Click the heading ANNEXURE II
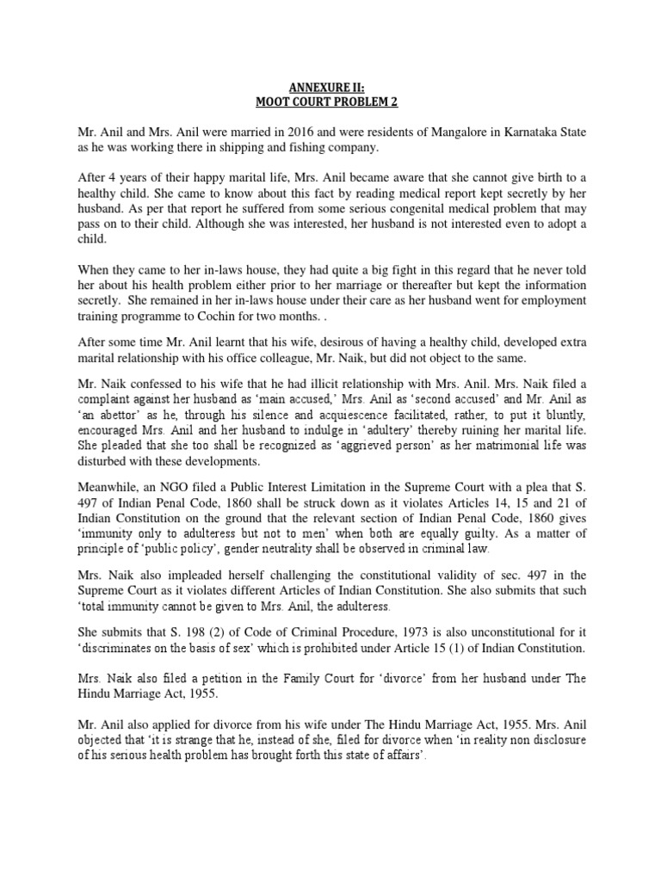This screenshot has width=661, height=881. [330, 87]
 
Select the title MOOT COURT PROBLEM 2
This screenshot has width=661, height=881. [330, 102]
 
